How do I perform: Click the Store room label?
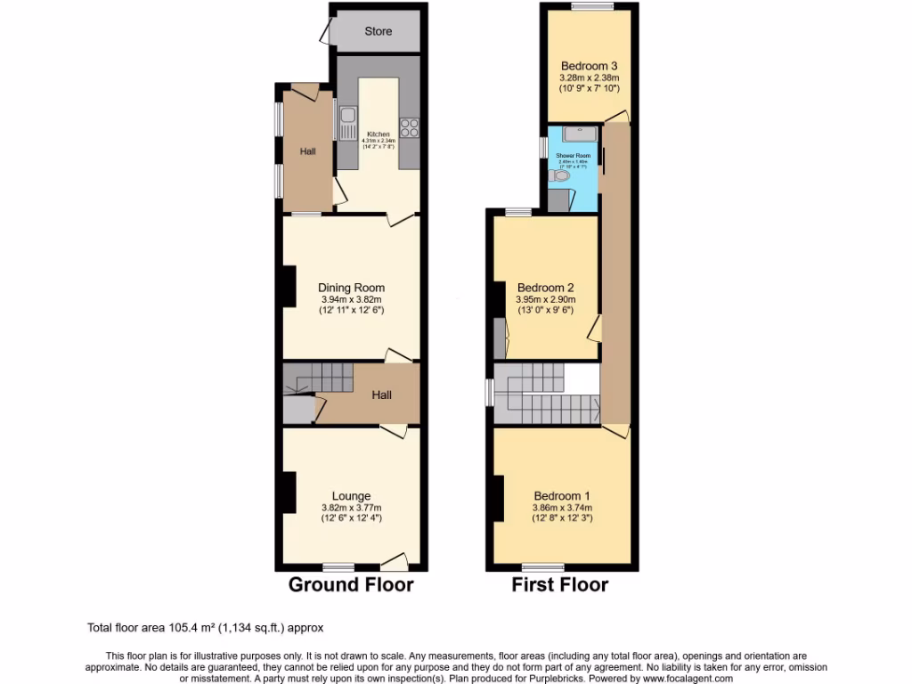click(378, 32)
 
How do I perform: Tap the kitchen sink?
click(347, 118)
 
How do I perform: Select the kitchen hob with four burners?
click(411, 127)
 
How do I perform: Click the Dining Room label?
click(351, 288)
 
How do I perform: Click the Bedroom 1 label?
click(562, 496)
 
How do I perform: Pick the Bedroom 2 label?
click(545, 288)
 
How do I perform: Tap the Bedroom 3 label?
click(589, 66)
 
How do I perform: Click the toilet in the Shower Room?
click(560, 176)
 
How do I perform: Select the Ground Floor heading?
click(350, 585)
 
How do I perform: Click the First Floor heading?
click(559, 585)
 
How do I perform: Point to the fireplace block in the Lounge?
click(289, 492)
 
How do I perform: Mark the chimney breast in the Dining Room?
click(289, 288)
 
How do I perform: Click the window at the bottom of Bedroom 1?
click(537, 566)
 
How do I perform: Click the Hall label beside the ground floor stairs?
click(380, 395)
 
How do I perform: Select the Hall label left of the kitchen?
click(307, 152)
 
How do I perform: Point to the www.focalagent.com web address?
click(680, 678)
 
